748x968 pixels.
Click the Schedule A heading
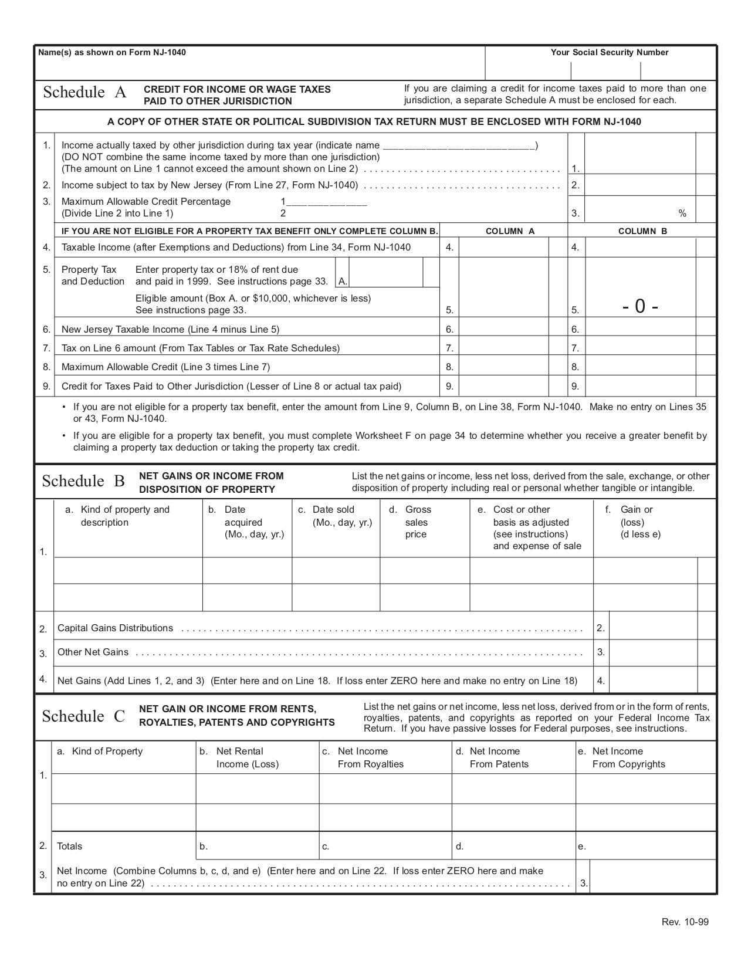pos(84,93)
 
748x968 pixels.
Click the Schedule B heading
pos(83,482)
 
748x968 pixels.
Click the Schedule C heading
pos(83,716)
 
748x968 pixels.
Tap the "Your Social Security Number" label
pos(609,52)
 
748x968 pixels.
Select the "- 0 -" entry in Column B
pos(640,306)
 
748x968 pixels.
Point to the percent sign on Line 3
pos(682,214)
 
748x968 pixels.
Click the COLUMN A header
pos(510,231)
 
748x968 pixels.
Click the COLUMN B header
pos(642,231)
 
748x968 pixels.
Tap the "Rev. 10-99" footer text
pos(685,922)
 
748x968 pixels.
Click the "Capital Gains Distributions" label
pos(115,628)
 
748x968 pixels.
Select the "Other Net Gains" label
pos(93,652)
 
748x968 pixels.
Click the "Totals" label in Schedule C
pos(69,846)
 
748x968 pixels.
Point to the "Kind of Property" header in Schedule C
pos(107,752)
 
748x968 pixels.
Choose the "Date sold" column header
pos(333,510)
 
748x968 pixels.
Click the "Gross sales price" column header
pos(417,522)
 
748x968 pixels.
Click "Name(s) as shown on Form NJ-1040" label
pos(112,52)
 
